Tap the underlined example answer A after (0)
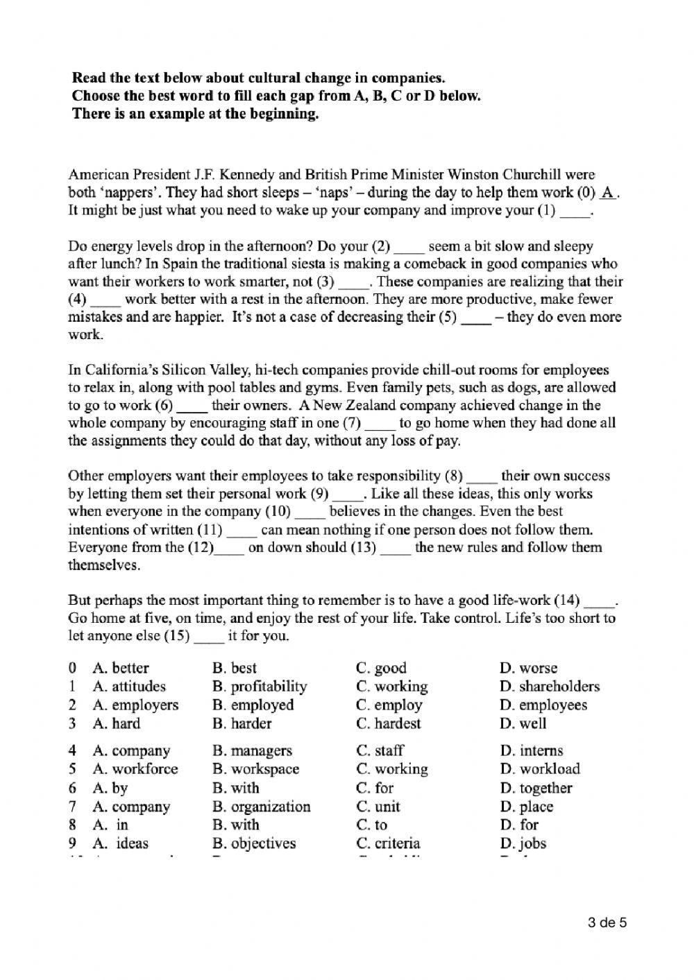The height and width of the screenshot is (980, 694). click(x=608, y=193)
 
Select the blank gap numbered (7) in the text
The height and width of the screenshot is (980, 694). click(x=380, y=423)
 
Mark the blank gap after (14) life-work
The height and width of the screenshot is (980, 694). click(x=600, y=601)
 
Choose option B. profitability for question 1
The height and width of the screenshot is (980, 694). click(x=260, y=687)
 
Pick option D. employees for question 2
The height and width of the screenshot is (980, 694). click(x=543, y=705)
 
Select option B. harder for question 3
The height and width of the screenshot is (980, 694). click(x=242, y=723)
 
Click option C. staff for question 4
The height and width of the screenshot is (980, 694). click(x=380, y=750)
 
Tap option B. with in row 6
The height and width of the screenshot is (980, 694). click(x=236, y=788)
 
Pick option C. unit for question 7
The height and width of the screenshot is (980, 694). click(x=378, y=807)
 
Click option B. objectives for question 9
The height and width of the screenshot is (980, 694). click(x=254, y=843)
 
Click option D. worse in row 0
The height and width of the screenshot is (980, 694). click(x=528, y=668)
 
